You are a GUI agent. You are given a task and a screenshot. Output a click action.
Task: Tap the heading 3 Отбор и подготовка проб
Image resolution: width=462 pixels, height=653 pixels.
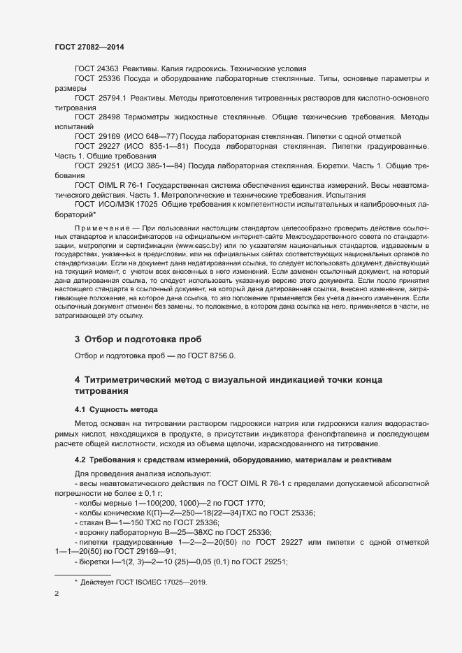click(x=138, y=339)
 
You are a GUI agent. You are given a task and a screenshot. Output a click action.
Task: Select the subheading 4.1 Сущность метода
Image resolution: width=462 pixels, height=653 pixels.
click(x=116, y=408)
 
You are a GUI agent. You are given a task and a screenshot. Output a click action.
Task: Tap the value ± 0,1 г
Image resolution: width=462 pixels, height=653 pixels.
click(x=143, y=492)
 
